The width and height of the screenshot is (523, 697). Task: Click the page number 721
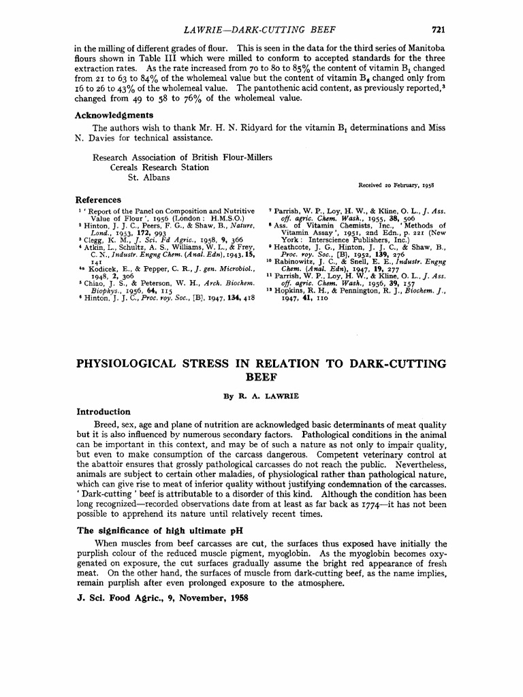pyautogui.click(x=439, y=29)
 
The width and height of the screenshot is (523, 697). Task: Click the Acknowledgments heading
pyautogui.click(x=114, y=115)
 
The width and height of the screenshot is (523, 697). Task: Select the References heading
pyautogui.click(x=98, y=200)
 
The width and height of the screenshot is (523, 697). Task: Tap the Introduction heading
pyautogui.click(x=103, y=411)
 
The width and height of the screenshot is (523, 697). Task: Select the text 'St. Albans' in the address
pyautogui.click(x=149, y=178)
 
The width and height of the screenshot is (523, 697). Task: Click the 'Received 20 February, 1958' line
pyautogui.click(x=396, y=185)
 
